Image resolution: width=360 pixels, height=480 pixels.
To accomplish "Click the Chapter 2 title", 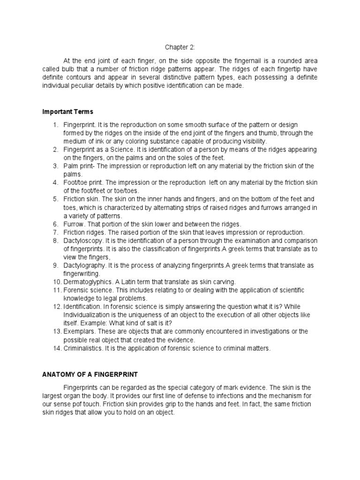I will (x=180, y=47).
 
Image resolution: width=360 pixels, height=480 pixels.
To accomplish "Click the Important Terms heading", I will (x=67, y=112).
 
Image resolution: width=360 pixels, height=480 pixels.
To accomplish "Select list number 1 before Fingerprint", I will (x=55, y=124).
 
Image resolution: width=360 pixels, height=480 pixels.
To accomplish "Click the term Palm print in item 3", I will (x=78, y=166).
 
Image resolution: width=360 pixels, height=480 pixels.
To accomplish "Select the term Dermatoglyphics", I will (x=86, y=282).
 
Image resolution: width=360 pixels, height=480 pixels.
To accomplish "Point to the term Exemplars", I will (x=78, y=331).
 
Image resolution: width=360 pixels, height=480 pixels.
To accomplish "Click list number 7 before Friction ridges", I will (x=55, y=232).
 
